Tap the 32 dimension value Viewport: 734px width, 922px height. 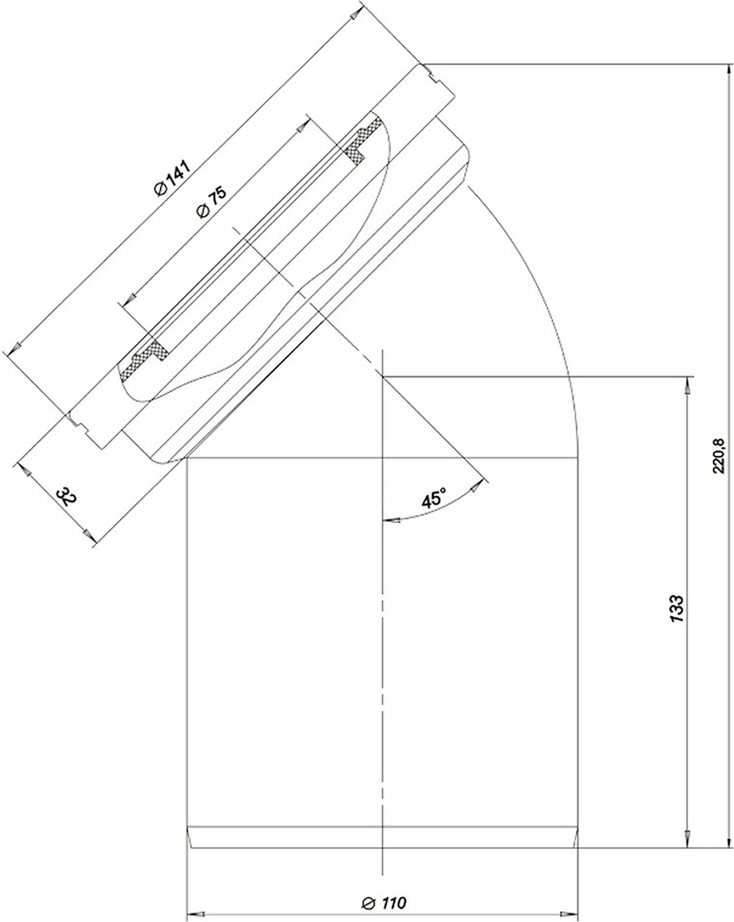tap(67, 496)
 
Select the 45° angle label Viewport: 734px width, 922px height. tap(433, 497)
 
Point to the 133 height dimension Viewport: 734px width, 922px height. tap(677, 609)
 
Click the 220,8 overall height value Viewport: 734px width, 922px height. tap(719, 456)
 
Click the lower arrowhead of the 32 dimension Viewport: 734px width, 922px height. tap(87, 535)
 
